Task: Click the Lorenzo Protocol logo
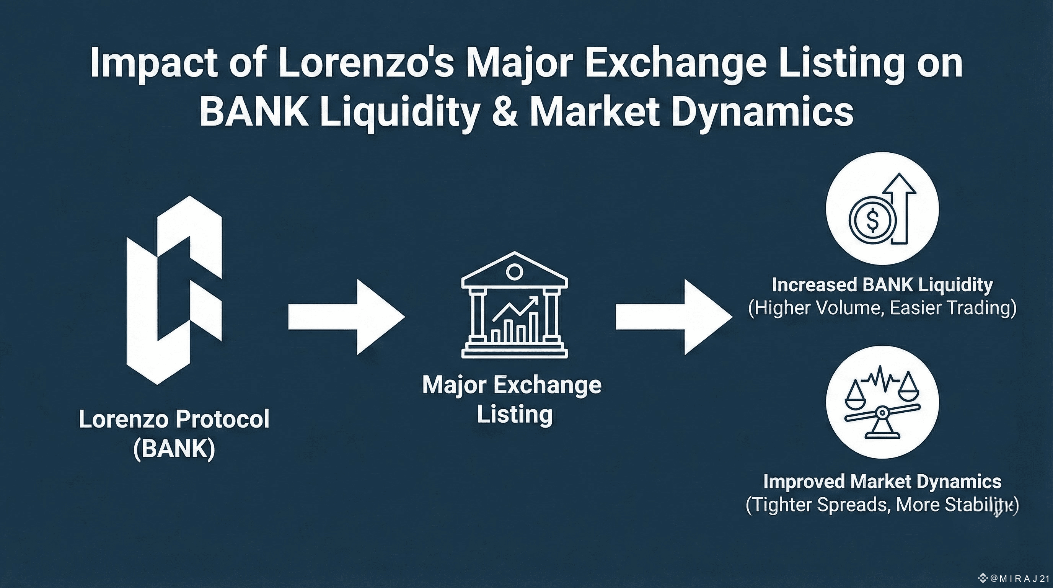click(x=174, y=290)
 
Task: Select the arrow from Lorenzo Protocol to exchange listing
click(x=346, y=317)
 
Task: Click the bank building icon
click(x=514, y=305)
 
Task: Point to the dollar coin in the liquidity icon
click(x=872, y=221)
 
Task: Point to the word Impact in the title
click(x=154, y=64)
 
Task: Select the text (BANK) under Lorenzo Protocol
click(x=174, y=449)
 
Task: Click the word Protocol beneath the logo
click(x=222, y=420)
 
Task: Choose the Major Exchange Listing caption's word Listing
click(x=514, y=415)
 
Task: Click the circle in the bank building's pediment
click(x=514, y=271)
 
